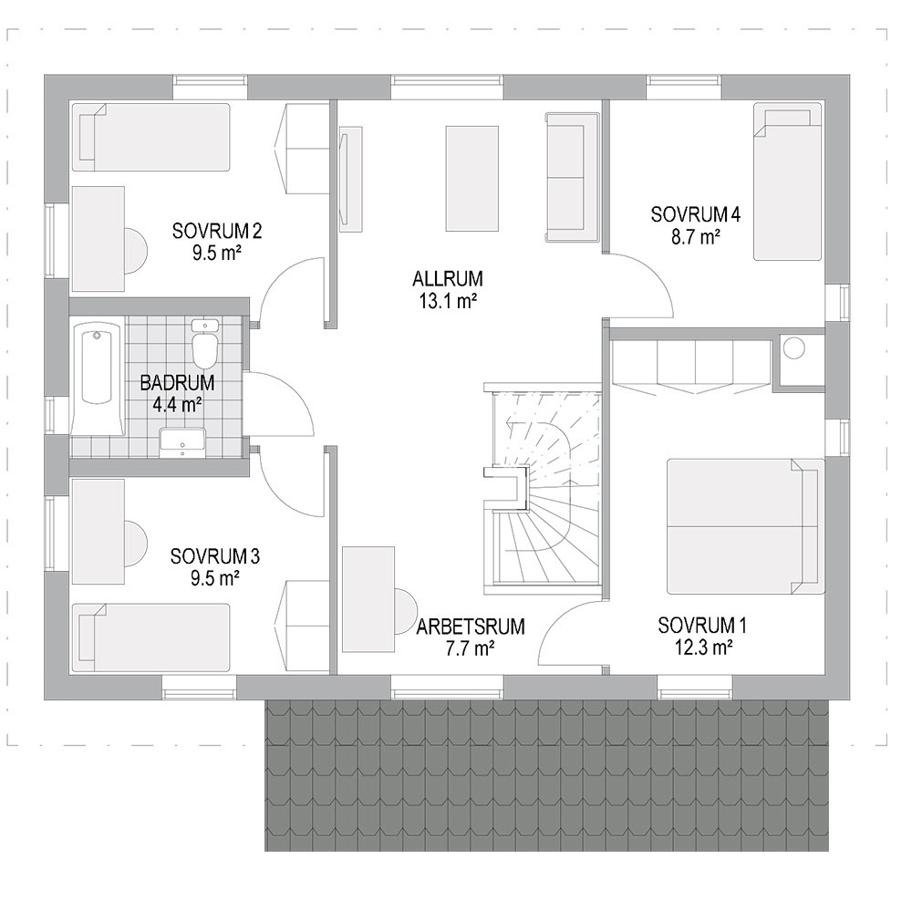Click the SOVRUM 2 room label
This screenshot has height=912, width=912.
[217, 232]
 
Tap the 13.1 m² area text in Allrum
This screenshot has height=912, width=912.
[448, 301]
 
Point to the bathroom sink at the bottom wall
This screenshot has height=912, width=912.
[182, 441]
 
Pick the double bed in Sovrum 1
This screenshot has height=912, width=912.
[746, 526]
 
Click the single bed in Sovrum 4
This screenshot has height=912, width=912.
[788, 181]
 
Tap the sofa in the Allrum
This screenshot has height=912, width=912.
[573, 176]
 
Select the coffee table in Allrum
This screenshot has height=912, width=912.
[472, 179]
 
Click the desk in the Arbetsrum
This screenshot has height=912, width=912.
[368, 599]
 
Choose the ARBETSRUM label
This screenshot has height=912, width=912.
[471, 627]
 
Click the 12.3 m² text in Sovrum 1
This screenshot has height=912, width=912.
[703, 648]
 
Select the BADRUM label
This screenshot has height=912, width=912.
[178, 383]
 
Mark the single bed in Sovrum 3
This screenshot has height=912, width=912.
[151, 638]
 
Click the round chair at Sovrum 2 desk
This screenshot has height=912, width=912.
[136, 251]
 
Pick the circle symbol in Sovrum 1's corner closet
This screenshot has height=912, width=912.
[793, 348]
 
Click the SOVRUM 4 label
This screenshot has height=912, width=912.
[696, 214]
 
